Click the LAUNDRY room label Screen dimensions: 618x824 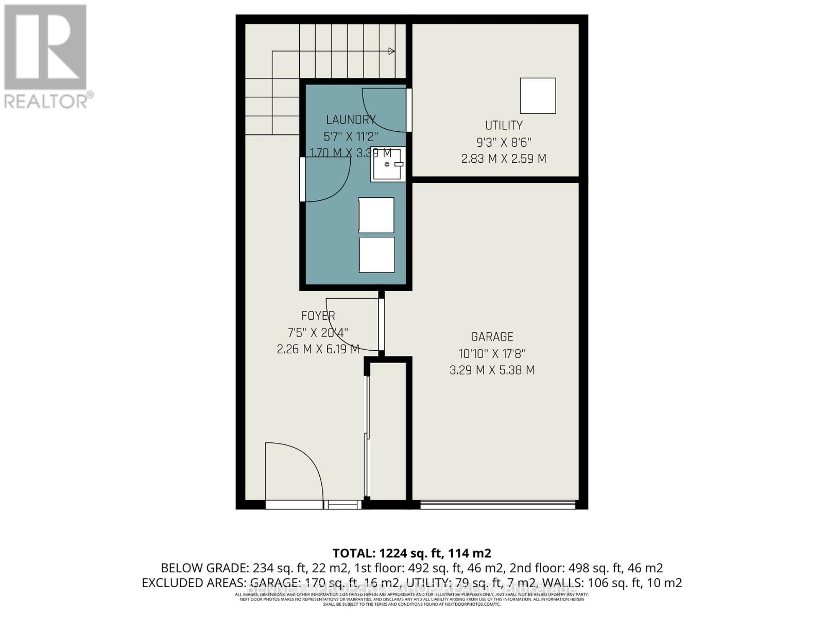(x=350, y=119)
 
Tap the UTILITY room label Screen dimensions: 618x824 (x=504, y=125)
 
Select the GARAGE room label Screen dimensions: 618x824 (x=492, y=337)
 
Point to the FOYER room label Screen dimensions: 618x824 (x=318, y=316)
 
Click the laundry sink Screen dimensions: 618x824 (x=387, y=164)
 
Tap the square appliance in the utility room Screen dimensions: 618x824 (x=538, y=96)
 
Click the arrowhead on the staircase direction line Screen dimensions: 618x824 (x=392, y=51)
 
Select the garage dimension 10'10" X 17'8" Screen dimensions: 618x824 (x=492, y=354)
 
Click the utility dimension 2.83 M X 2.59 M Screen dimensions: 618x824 (x=504, y=159)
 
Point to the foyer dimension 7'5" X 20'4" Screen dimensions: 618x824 (x=318, y=333)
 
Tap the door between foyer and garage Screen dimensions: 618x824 (x=382, y=324)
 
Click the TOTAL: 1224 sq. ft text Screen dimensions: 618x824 (x=412, y=553)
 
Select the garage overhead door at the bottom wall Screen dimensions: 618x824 (x=497, y=505)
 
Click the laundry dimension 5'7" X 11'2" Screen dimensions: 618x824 (x=350, y=136)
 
